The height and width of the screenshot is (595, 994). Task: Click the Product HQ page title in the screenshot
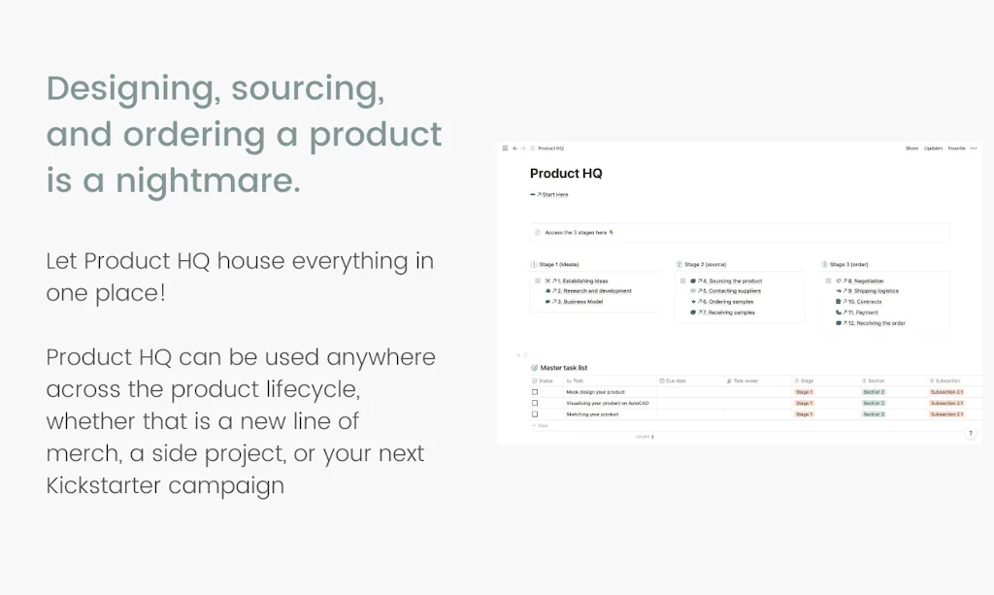point(566,174)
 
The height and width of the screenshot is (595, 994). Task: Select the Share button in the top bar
point(911,149)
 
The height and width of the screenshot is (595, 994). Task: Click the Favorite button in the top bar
point(956,149)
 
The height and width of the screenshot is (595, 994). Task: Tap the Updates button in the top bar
point(933,149)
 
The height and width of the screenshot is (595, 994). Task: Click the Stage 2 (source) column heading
point(705,264)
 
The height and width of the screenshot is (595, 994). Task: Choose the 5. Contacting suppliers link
point(734,291)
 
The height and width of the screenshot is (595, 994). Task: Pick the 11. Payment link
point(862,313)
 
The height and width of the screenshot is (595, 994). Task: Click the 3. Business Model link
point(580,302)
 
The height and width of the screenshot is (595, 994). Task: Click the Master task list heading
point(564,369)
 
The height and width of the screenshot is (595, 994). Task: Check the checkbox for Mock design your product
point(535,392)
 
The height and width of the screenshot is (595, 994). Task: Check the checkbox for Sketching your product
point(535,414)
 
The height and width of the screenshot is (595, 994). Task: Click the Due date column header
point(676,381)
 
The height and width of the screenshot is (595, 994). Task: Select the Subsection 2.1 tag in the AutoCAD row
point(946,403)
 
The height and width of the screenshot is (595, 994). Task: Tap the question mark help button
point(970,434)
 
